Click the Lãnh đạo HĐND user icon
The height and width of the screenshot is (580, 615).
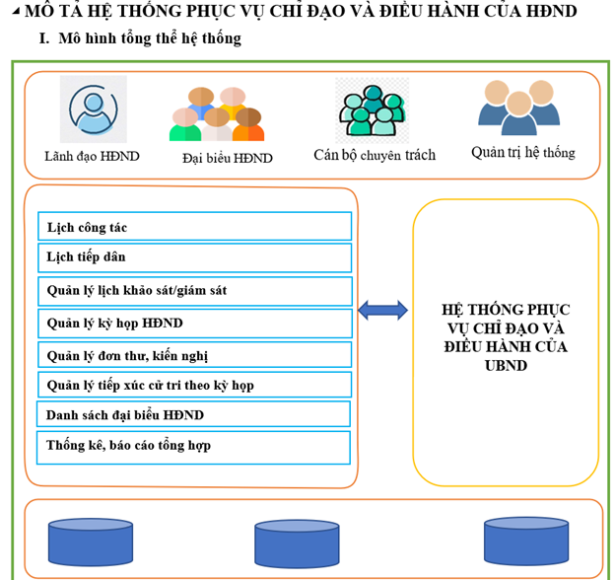point(94,109)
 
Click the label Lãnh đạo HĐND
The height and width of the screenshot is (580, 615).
point(92,156)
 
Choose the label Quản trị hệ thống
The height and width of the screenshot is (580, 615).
point(522,153)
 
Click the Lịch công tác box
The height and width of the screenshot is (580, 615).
point(194,227)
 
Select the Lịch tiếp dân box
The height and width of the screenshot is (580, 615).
point(194,258)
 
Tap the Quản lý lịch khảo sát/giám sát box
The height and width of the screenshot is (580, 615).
point(194,291)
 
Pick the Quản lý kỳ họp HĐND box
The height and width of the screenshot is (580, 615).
point(194,323)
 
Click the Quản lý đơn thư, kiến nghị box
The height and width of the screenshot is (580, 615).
point(194,354)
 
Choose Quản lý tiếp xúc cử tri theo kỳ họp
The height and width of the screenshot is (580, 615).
point(194,385)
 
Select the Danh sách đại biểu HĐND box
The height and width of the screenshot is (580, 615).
point(193,414)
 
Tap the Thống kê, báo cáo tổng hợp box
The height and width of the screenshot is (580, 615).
point(193,446)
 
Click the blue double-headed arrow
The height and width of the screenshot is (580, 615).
point(382,311)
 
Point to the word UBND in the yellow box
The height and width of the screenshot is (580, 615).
point(505,365)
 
